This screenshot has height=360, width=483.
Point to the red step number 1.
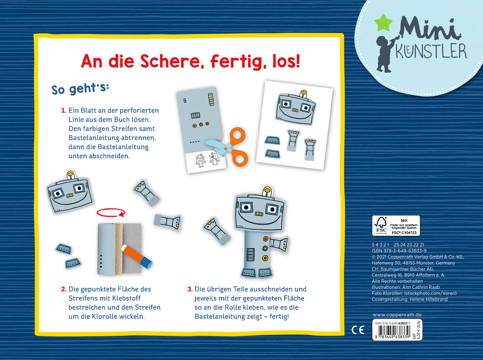(x=63, y=110)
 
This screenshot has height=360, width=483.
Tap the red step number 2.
(x=63, y=289)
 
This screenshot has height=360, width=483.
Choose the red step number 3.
(x=189, y=289)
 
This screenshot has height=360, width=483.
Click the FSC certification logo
(x=382, y=225)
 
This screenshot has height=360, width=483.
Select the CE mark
(x=358, y=330)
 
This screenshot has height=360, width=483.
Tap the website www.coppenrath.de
(x=397, y=315)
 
